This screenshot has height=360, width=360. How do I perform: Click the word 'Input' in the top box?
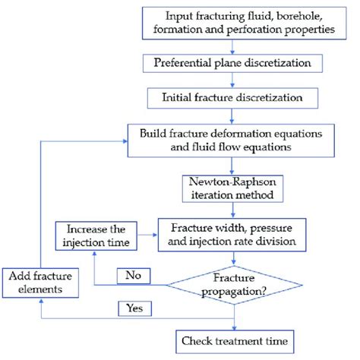coord(183,16)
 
